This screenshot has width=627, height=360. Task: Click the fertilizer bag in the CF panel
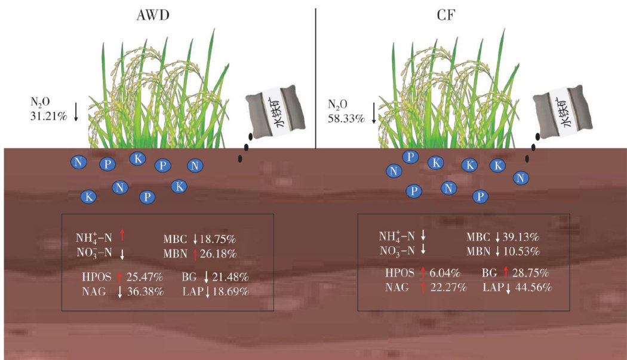coord(562,113)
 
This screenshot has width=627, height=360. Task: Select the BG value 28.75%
coord(526,273)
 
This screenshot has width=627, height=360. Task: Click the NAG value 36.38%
coord(144,291)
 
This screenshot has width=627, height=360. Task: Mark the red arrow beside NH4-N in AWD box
coord(122,235)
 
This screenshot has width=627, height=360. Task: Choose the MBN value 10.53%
coord(521,251)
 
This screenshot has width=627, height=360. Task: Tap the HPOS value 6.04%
coord(444,273)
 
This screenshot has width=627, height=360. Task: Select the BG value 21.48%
coord(230,277)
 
